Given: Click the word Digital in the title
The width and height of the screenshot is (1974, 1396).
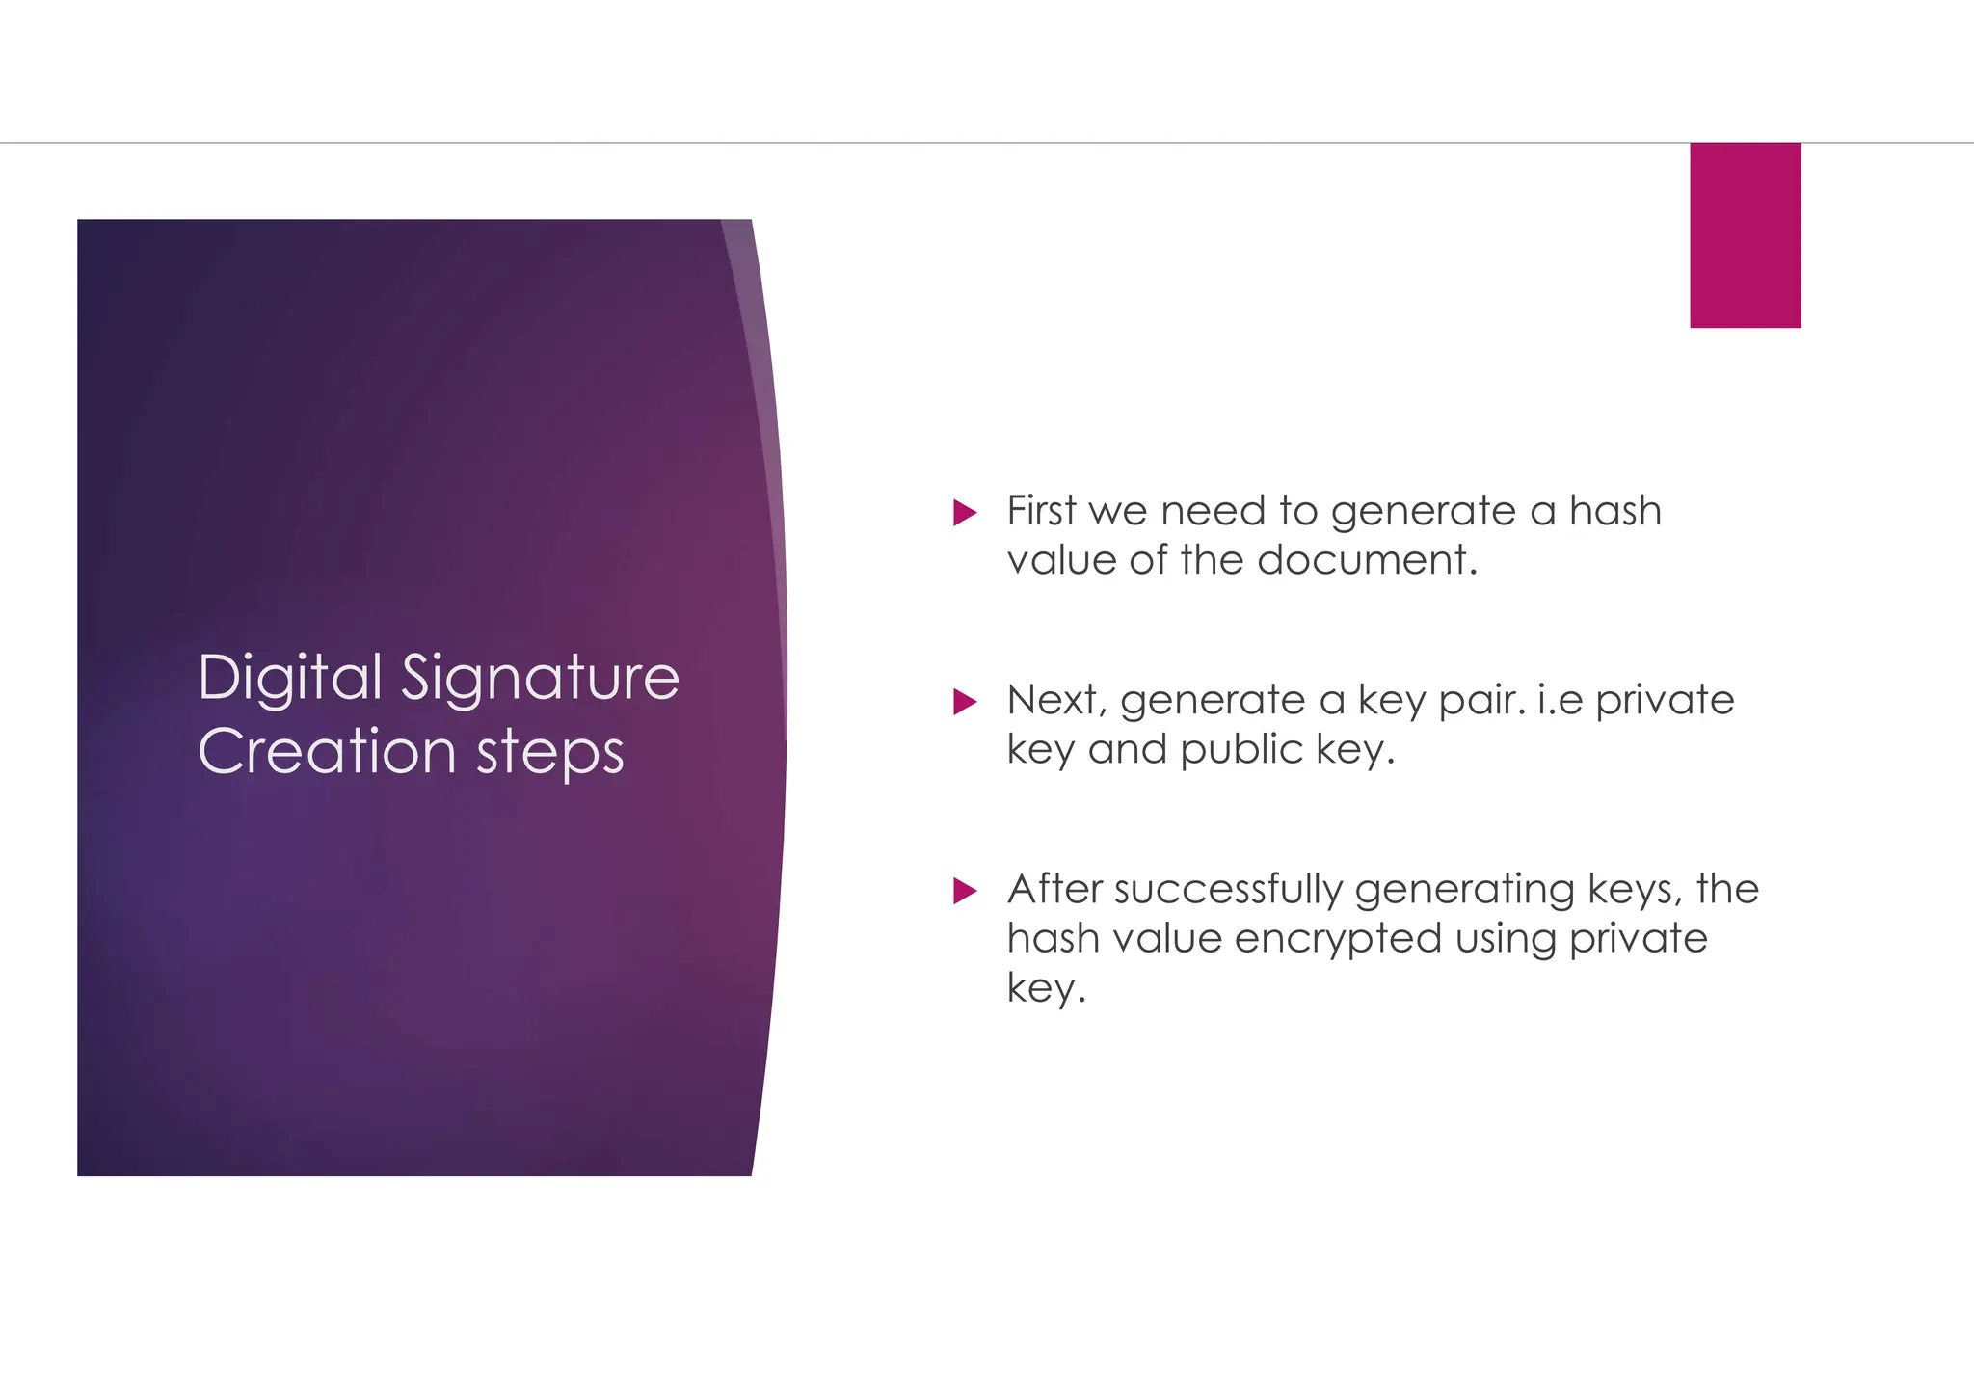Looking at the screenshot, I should (x=290, y=678).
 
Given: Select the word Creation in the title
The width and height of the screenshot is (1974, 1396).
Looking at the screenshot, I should (x=327, y=752).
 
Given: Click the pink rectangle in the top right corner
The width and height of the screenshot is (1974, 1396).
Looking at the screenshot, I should (x=1745, y=235).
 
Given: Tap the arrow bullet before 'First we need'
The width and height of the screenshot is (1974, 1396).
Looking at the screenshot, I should (x=964, y=512).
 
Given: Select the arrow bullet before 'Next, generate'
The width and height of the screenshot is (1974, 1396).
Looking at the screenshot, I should (x=964, y=701).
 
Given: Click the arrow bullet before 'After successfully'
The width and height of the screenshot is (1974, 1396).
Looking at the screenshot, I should (x=964, y=890).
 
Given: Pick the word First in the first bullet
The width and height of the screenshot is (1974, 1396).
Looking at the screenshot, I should (x=1041, y=511).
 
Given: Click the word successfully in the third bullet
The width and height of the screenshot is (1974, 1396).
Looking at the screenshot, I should (x=1228, y=890).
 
